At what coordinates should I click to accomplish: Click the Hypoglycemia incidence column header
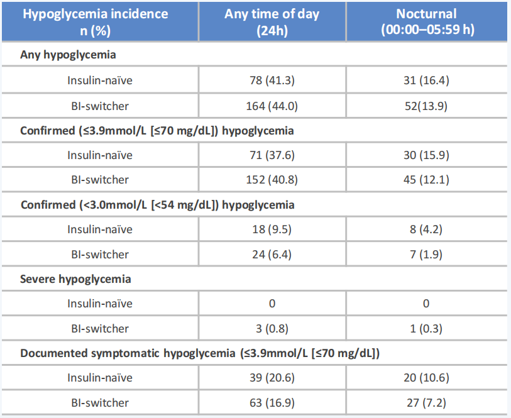(x=95, y=22)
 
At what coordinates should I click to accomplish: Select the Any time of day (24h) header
(x=272, y=22)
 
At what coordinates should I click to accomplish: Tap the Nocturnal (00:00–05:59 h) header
(x=427, y=21)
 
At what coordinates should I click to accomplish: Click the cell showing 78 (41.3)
(x=272, y=80)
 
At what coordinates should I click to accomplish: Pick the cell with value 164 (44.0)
(x=272, y=106)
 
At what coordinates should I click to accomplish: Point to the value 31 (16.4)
(x=426, y=80)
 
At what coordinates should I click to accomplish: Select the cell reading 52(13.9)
(x=426, y=106)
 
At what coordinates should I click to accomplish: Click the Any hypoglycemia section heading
(x=68, y=55)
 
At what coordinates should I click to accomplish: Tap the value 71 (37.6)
(x=272, y=155)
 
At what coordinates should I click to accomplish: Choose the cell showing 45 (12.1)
(x=426, y=180)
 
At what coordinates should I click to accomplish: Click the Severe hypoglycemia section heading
(x=75, y=279)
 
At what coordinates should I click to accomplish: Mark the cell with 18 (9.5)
(x=272, y=229)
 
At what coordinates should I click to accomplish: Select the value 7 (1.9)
(x=426, y=255)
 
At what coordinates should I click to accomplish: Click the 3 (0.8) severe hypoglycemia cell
(x=272, y=329)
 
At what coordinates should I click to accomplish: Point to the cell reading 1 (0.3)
(x=426, y=329)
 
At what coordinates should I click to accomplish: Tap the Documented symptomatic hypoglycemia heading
(x=200, y=353)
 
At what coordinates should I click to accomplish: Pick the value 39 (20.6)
(x=272, y=378)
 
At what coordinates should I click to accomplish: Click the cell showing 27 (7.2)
(x=426, y=403)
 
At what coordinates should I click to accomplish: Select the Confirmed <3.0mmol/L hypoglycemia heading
(x=157, y=205)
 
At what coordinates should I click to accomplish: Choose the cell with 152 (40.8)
(x=272, y=180)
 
